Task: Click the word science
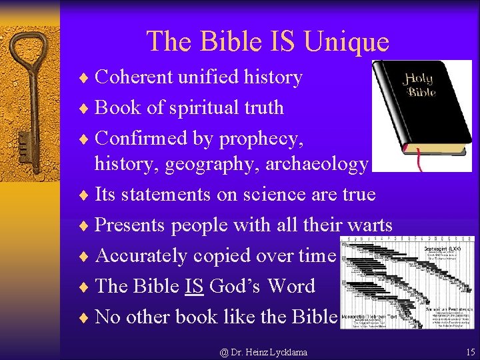coord(253,195)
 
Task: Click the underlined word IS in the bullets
coord(194,287)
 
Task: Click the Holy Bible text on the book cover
coord(417,85)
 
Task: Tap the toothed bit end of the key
coord(26,143)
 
